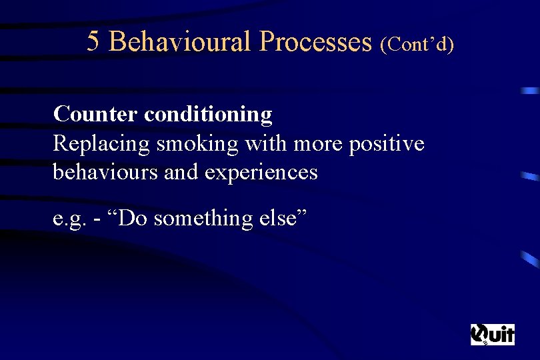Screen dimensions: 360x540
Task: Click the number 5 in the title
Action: (x=93, y=42)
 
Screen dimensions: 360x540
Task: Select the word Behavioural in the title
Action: (x=179, y=42)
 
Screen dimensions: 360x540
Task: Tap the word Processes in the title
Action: (x=315, y=42)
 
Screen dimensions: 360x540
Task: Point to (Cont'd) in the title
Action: (x=417, y=44)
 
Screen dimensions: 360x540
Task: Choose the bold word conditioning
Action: (x=208, y=115)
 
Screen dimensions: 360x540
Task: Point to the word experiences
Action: (x=261, y=173)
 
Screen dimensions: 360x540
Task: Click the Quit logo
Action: (x=492, y=334)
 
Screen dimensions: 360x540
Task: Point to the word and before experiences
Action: (x=181, y=172)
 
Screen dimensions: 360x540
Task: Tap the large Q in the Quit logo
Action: (x=480, y=334)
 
